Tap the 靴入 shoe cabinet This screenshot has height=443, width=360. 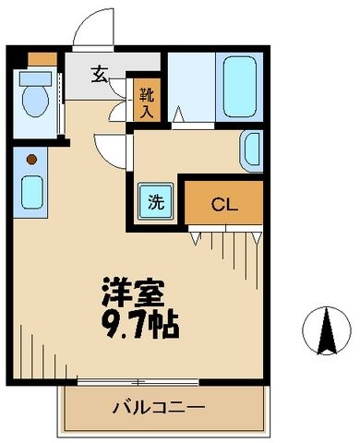[146, 101]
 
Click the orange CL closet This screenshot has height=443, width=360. [224, 203]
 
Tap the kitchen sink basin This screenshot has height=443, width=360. [31, 193]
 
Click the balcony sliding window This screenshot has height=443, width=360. [138, 380]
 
